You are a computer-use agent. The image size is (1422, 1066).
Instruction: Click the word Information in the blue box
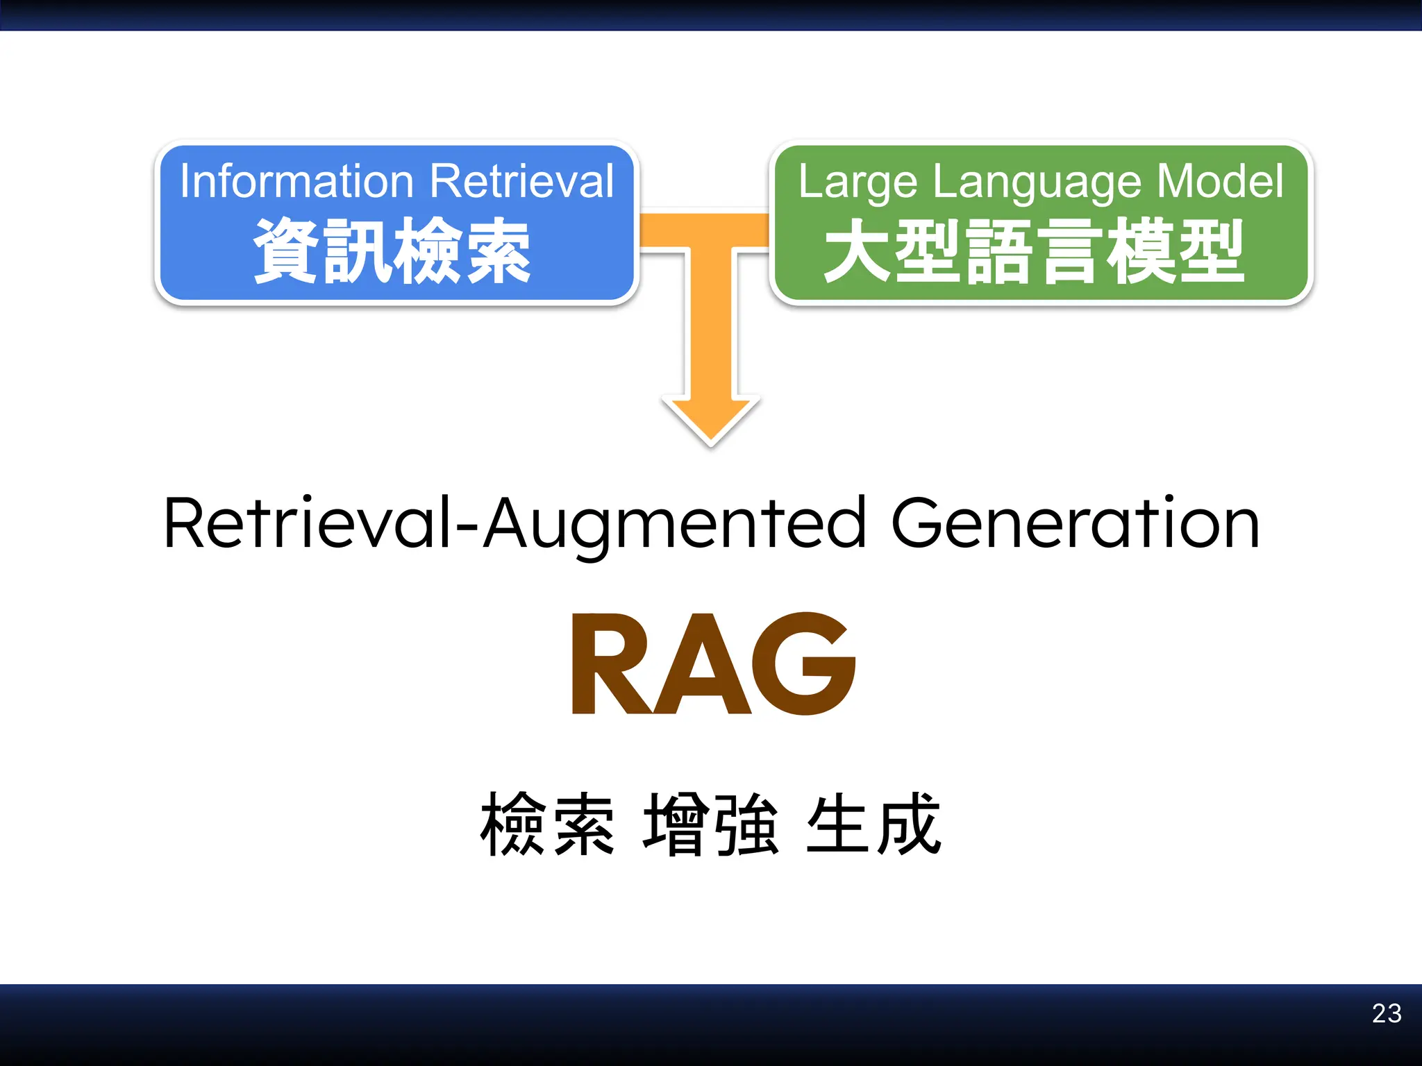click(x=296, y=182)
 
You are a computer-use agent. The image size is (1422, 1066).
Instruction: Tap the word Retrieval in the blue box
click(x=522, y=182)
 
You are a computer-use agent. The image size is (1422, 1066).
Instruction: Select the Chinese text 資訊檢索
click(x=392, y=251)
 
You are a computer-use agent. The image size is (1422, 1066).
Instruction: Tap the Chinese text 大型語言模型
click(x=1034, y=251)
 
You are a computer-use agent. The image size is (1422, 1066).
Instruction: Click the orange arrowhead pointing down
click(x=711, y=419)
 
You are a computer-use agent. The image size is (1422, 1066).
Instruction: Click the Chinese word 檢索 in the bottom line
click(x=547, y=824)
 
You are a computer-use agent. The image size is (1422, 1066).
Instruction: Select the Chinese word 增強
click(x=711, y=824)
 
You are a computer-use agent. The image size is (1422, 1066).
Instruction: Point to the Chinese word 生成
click(x=873, y=824)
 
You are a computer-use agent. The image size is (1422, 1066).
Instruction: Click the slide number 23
click(x=1387, y=1013)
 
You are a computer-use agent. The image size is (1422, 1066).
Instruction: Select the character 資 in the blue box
click(x=287, y=251)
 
